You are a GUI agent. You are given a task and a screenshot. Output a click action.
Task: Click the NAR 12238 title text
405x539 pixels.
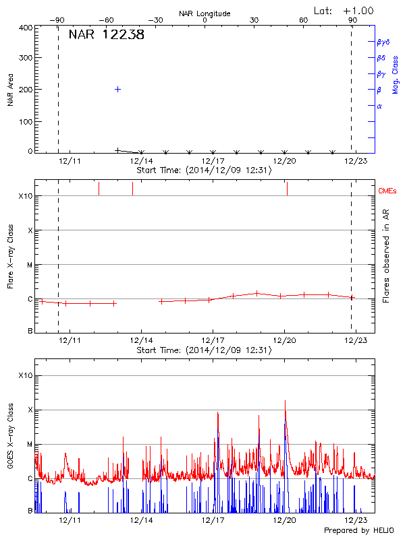106,35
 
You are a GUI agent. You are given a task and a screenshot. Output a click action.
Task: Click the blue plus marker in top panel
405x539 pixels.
117,89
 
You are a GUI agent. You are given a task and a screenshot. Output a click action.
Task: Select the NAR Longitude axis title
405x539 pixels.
205,13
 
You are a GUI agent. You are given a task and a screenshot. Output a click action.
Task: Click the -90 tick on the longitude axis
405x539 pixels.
59,20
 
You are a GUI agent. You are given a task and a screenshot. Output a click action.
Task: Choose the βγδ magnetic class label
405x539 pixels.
383,42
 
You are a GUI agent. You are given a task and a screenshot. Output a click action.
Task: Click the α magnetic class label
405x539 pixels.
379,106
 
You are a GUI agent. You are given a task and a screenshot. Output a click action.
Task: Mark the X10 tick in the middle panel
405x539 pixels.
26,196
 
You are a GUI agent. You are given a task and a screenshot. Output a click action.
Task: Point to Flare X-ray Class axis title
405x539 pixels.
11,256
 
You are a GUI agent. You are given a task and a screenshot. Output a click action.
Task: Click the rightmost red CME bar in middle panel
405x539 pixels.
288,189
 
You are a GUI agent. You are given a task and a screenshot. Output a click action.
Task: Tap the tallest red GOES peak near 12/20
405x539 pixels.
285,402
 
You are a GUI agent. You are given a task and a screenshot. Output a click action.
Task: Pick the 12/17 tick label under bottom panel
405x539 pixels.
213,521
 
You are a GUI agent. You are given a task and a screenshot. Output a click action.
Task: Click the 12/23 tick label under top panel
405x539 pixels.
356,162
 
